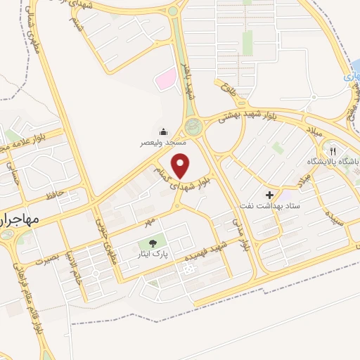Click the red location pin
181,165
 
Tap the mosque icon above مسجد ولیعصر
164,131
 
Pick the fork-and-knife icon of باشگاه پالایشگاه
333,150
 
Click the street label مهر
148,221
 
